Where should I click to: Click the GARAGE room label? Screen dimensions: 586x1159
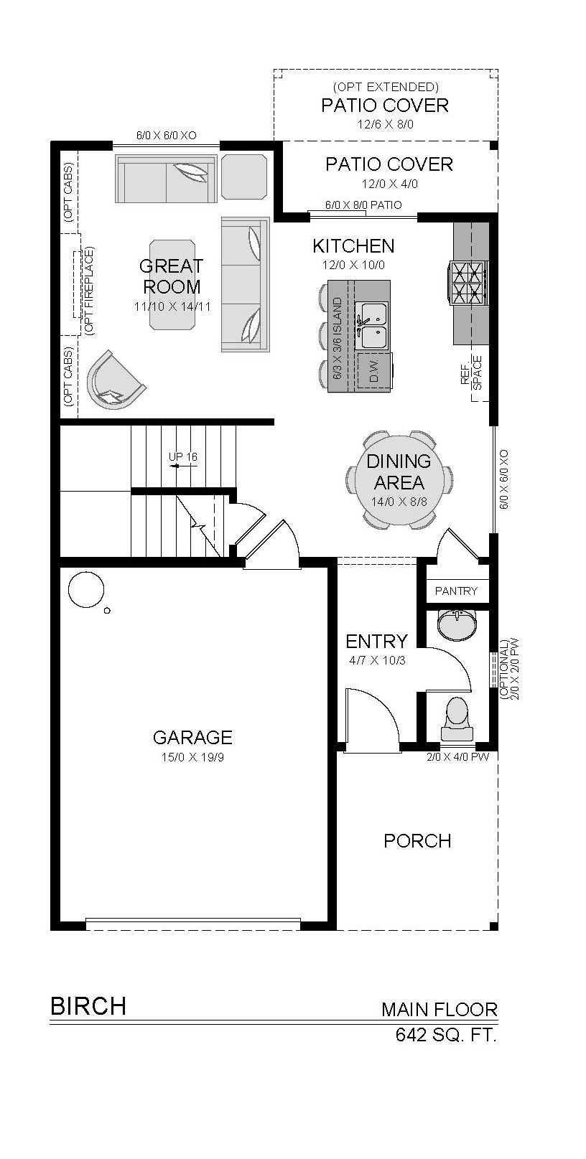tap(192, 737)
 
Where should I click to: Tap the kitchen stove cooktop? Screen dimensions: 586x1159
tap(468, 283)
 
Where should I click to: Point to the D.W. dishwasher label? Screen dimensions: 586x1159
tap(373, 372)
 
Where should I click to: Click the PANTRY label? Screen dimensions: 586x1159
tap(456, 591)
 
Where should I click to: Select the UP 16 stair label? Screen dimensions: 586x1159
tap(182, 457)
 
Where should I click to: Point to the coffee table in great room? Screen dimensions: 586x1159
tap(172, 284)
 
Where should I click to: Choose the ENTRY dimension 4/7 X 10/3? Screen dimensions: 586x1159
tap(377, 661)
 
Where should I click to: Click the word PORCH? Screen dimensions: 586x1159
tap(417, 841)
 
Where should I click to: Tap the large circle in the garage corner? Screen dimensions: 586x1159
tap(86, 589)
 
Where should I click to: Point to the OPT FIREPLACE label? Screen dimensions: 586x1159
tap(89, 290)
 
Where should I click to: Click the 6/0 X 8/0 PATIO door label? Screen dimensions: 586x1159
tap(363, 205)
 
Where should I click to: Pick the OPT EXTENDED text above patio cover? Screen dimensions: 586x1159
tap(386, 86)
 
